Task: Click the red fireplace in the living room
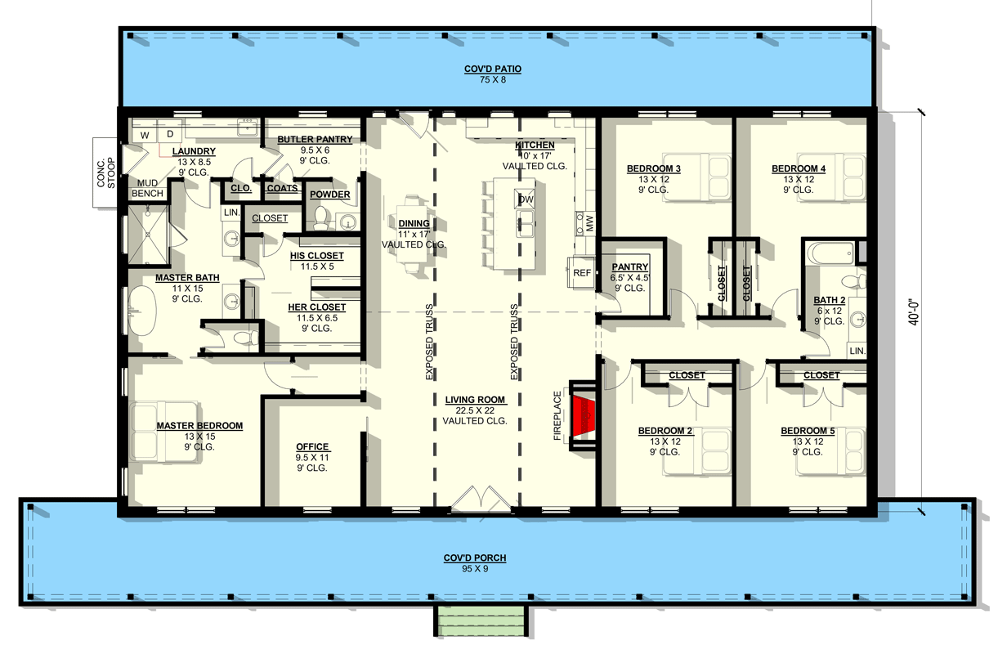point(584,416)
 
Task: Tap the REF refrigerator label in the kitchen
point(582,273)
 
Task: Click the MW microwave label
point(590,224)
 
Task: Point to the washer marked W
point(145,135)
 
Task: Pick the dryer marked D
point(170,134)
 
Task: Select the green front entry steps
point(481,620)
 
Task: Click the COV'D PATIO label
point(493,69)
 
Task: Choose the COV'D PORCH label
point(475,558)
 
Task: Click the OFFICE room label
point(312,446)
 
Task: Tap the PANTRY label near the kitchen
point(630,267)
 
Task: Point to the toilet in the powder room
point(321,217)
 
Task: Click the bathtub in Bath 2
point(832,254)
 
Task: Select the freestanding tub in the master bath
point(142,311)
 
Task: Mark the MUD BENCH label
point(147,188)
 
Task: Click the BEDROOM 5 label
point(808,431)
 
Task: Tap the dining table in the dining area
point(412,234)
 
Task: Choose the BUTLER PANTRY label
point(315,139)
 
